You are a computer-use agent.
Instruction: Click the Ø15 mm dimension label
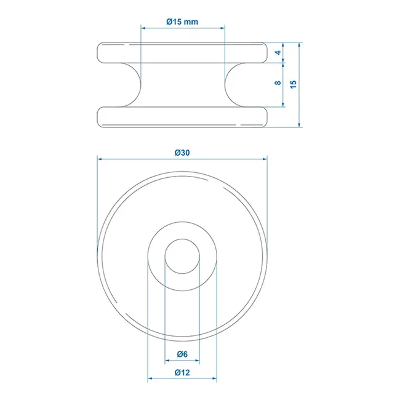coord(182,22)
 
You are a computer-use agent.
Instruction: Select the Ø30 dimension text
coord(182,153)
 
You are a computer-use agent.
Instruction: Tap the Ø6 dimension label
coord(182,354)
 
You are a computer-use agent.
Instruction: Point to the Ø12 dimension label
coord(182,372)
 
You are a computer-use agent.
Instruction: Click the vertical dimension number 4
coord(278,53)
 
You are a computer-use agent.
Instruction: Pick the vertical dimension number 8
coord(278,82)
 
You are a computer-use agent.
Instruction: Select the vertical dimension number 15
coord(294,84)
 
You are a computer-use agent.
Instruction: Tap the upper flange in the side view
coord(182,52)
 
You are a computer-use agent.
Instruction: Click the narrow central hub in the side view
coord(182,84)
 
